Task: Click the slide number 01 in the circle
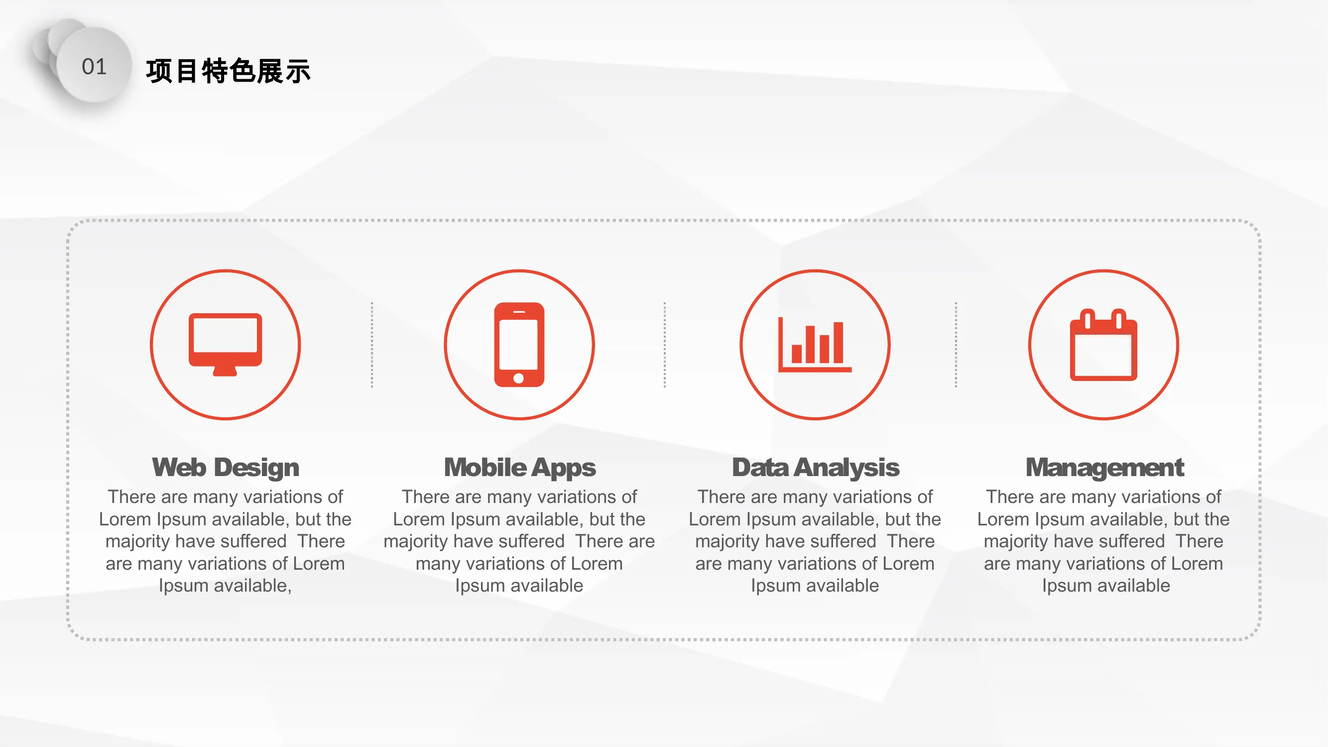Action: coord(94,67)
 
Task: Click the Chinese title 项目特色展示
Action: coord(229,71)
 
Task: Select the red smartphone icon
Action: coord(519,345)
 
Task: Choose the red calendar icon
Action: coord(1103,345)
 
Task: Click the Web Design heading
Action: coord(225,468)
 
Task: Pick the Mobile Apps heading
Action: coord(520,468)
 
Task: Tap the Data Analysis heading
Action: coord(816,468)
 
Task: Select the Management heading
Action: coord(1105,468)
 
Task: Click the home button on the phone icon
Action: coord(519,378)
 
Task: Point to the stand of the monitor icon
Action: coord(225,371)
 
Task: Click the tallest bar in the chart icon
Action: coord(838,342)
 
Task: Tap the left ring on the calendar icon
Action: coord(1087,319)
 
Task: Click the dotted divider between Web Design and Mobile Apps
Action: coord(371,345)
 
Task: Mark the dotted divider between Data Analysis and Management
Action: coord(956,345)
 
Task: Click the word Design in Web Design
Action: coord(257,468)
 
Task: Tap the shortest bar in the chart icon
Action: coord(797,354)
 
